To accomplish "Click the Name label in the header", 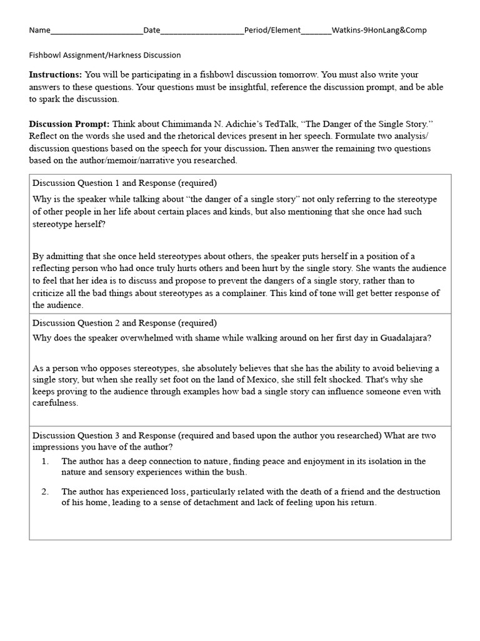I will click(x=39, y=30).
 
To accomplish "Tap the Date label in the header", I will click(x=151, y=30).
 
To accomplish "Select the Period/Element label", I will click(x=272, y=30).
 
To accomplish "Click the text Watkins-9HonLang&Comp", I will click(x=379, y=30).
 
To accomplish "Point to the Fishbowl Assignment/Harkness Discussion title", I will click(x=105, y=55).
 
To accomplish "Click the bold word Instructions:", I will click(x=55, y=74).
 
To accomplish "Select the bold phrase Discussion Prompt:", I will click(x=69, y=125).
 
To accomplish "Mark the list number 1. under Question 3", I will click(x=45, y=461).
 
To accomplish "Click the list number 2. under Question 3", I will click(x=45, y=491).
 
